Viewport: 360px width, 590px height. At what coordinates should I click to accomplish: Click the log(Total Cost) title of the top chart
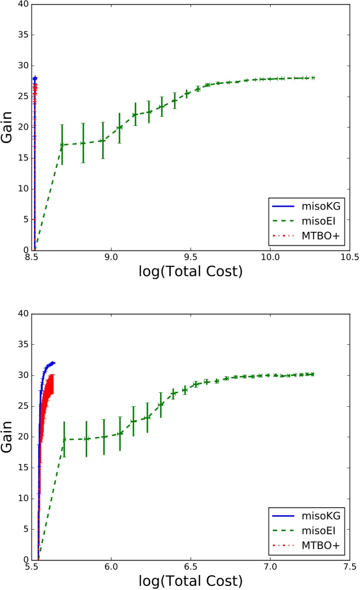pyautogui.click(x=191, y=271)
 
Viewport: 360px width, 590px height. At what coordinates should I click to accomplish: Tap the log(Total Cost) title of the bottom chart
pyautogui.click(x=191, y=581)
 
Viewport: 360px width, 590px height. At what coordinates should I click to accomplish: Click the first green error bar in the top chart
pyautogui.click(x=62, y=145)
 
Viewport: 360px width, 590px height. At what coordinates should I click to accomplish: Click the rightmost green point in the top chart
pyautogui.click(x=313, y=78)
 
